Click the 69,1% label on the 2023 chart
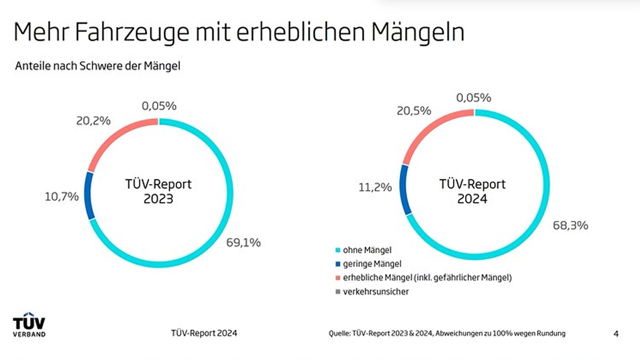click(243, 243)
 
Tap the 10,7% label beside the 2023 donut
click(61, 196)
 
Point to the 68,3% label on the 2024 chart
click(571, 225)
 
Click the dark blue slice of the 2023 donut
click(90, 195)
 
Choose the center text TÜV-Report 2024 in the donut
click(472, 191)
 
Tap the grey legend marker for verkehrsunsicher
click(338, 292)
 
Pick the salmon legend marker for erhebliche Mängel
click(338, 277)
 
